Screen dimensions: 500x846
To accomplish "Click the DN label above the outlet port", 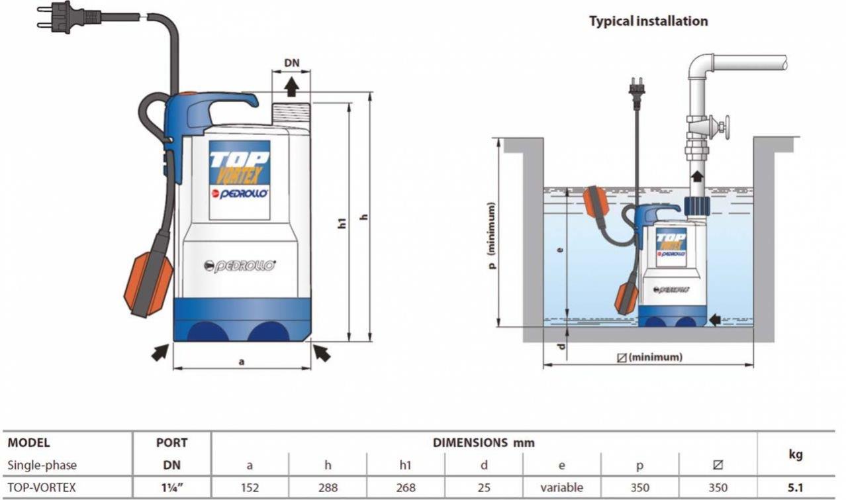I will pyautogui.click(x=292, y=64).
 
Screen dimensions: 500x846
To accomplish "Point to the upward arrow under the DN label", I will pyautogui.click(x=291, y=87).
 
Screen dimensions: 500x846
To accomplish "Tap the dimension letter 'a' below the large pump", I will pyautogui.click(x=242, y=362).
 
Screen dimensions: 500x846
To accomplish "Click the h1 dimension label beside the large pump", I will pyautogui.click(x=342, y=223).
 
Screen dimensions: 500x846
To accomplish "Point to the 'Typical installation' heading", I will pyautogui.click(x=648, y=21).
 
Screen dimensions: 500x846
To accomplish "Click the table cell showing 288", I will pyautogui.click(x=328, y=488).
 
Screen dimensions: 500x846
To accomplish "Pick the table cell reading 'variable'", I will pyautogui.click(x=561, y=488).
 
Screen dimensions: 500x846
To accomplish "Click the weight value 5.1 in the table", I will pyautogui.click(x=796, y=488).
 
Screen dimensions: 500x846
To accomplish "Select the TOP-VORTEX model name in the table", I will pyautogui.click(x=41, y=488).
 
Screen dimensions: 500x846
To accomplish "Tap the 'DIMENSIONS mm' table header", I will pyautogui.click(x=483, y=442).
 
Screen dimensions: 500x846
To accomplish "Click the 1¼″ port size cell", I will pyautogui.click(x=171, y=488).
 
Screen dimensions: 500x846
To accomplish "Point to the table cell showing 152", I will pyautogui.click(x=250, y=488).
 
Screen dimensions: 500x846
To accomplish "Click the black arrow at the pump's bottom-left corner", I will pyautogui.click(x=160, y=353).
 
